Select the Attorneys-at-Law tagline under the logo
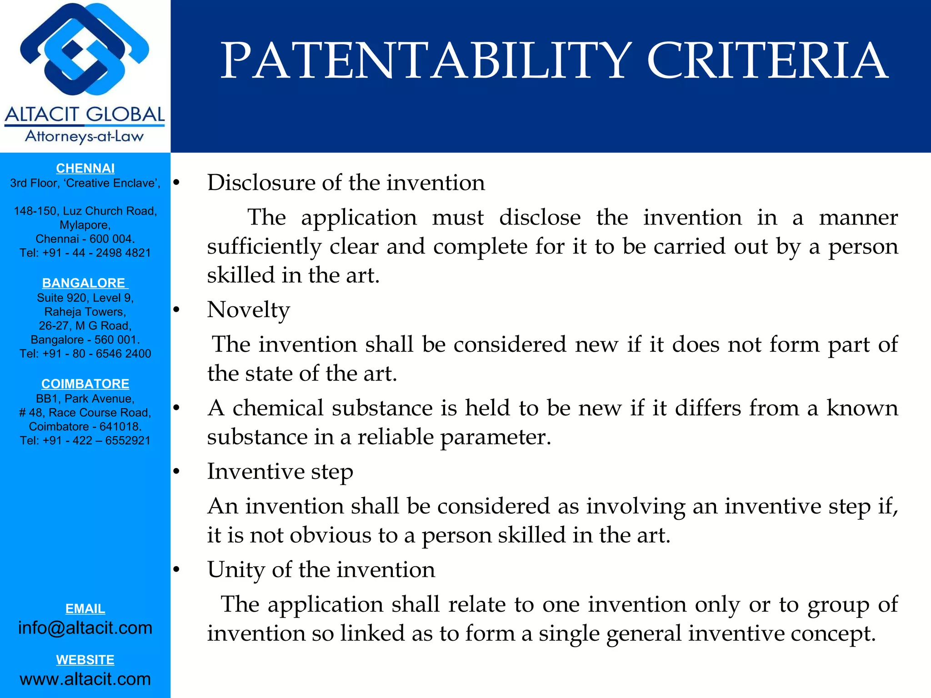pyautogui.click(x=85, y=136)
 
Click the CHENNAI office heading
pyautogui.click(x=85, y=168)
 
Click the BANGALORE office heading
pyautogui.click(x=84, y=283)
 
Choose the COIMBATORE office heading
pyautogui.click(x=85, y=384)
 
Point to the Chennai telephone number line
pyautogui.click(x=85, y=253)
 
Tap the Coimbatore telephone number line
pyautogui.click(x=85, y=440)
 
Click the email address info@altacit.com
pyautogui.click(x=85, y=628)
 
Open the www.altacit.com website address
pyautogui.click(x=85, y=679)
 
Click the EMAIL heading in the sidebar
pyautogui.click(x=85, y=608)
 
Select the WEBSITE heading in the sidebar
pyautogui.click(x=85, y=659)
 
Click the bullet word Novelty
pyautogui.click(x=248, y=310)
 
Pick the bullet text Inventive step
pyautogui.click(x=280, y=471)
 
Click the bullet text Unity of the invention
pyautogui.click(x=321, y=569)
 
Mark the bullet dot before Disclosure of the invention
pyautogui.click(x=176, y=183)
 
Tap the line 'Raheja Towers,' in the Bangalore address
pyautogui.click(x=85, y=312)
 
